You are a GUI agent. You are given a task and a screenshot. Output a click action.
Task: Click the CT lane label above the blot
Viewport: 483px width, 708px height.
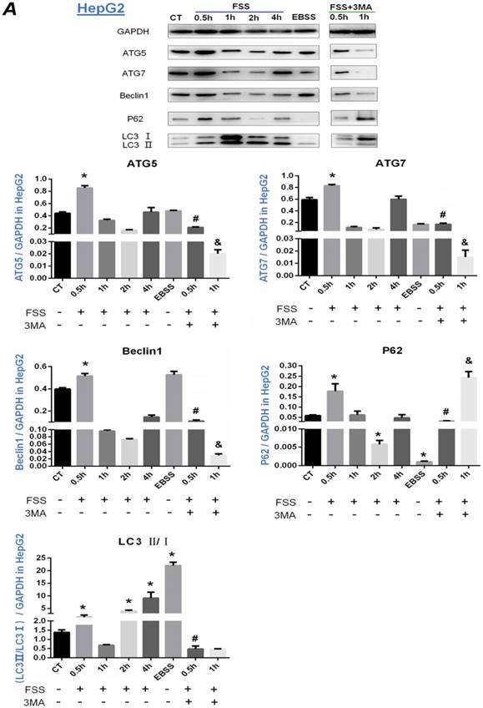[x=175, y=16]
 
